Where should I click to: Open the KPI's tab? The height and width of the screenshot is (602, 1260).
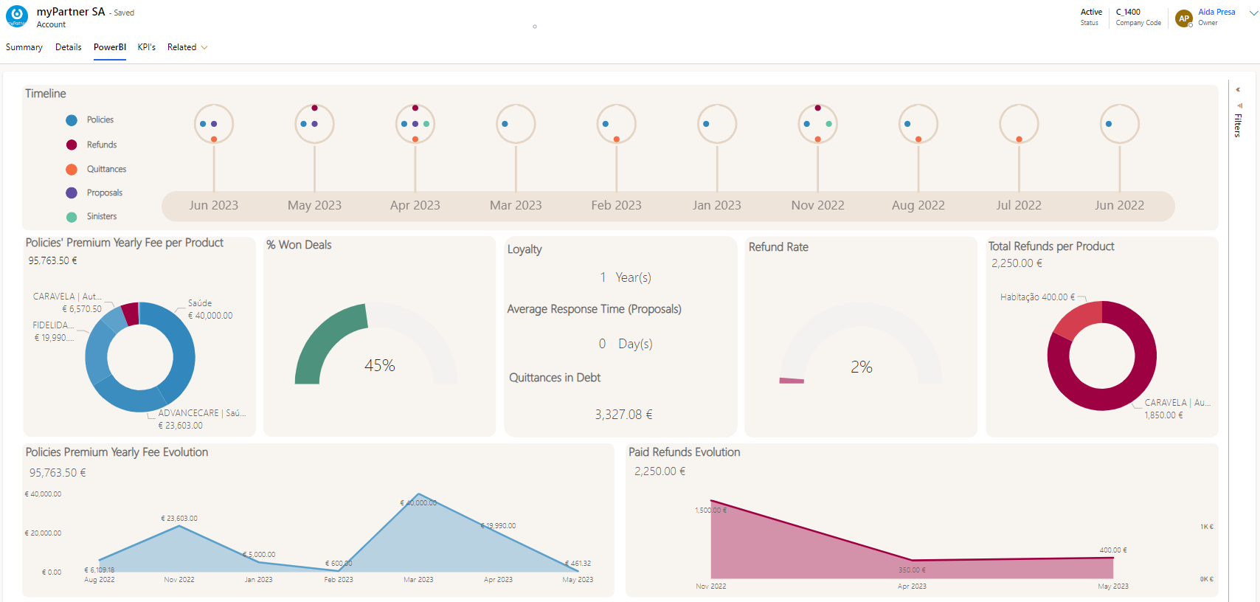point(146,47)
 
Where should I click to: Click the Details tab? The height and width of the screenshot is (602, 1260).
point(68,47)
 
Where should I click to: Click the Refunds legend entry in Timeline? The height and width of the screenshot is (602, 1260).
point(101,145)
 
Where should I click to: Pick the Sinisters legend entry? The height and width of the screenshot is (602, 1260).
point(101,216)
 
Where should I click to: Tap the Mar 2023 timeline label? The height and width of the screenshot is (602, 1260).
point(516,205)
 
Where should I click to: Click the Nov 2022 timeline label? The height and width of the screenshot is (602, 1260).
point(817,205)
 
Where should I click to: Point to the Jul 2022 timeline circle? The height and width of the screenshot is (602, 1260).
point(1019,124)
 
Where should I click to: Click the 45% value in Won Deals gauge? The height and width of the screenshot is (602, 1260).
point(379,365)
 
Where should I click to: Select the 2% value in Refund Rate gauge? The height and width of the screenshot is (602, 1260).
point(861,367)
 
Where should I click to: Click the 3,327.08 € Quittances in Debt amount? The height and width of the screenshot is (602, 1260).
point(623,415)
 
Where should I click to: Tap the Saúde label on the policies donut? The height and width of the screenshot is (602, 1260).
point(200,303)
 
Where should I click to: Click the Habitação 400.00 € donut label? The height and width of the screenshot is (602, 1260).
point(1037,297)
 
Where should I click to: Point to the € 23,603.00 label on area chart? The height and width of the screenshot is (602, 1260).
point(179,519)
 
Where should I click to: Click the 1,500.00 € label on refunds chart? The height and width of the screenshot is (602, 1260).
point(710,511)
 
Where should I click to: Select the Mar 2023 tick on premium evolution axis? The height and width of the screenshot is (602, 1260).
point(418,580)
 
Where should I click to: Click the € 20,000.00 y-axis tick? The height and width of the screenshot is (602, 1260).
point(43,533)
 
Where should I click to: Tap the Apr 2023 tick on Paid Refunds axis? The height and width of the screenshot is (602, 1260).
point(912,587)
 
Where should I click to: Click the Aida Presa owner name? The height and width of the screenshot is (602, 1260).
point(1216,12)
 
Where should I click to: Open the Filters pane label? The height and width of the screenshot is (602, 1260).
point(1238,125)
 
